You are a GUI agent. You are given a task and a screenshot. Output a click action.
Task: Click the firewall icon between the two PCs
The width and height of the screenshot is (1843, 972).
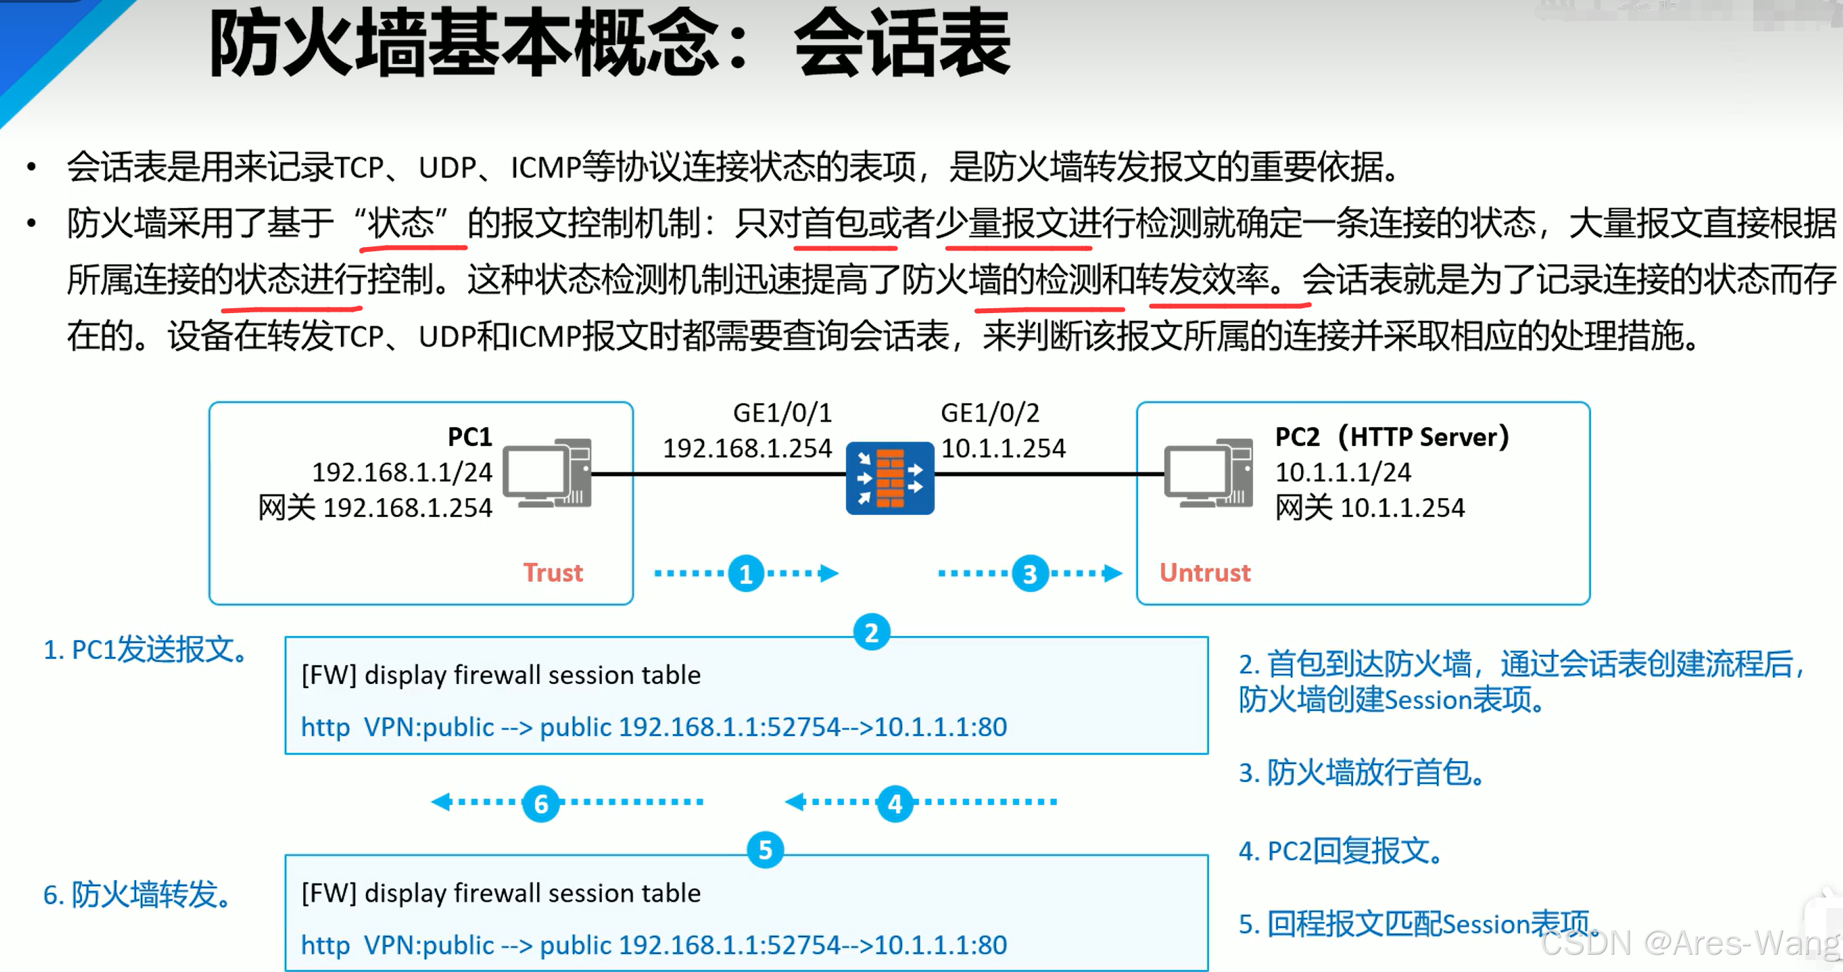click(889, 478)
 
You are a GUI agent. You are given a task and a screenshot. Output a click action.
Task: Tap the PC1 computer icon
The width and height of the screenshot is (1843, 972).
click(548, 472)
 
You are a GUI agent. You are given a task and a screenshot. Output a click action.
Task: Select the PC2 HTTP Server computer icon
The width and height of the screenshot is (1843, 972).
click(1208, 472)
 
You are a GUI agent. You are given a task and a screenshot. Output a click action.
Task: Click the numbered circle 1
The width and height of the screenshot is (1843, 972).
click(747, 573)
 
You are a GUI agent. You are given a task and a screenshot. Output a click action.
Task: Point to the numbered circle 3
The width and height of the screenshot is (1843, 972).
click(1030, 573)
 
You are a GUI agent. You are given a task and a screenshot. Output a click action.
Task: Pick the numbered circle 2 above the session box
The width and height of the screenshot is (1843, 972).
click(872, 633)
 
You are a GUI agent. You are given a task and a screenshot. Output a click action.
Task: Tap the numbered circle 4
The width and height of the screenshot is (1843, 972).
click(895, 803)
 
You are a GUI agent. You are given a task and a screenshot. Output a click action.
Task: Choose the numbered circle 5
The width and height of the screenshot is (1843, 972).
click(765, 850)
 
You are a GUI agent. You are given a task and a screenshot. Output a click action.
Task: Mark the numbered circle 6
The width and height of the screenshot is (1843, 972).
click(541, 803)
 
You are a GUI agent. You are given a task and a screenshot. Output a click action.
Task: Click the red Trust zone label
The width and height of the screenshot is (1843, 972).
click(553, 573)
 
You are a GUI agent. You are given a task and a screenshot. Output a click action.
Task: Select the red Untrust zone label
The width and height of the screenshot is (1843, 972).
click(1205, 573)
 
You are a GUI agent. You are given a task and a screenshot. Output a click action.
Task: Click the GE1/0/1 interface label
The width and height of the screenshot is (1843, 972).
click(782, 413)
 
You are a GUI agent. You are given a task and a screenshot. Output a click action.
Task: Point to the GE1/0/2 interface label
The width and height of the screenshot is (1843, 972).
click(989, 413)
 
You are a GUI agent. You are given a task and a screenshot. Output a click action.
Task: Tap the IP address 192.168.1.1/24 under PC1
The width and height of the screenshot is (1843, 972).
click(402, 472)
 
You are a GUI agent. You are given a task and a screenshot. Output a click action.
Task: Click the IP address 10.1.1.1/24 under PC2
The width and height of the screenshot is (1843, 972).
click(1343, 472)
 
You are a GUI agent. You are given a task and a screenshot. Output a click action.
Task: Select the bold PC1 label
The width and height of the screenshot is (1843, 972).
click(470, 437)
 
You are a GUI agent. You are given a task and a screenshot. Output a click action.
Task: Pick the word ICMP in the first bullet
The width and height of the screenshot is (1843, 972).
click(545, 168)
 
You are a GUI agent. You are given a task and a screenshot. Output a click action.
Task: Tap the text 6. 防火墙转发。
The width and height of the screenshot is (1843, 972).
click(138, 895)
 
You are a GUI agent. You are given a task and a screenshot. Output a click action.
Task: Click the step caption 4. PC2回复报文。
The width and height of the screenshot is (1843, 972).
click(1341, 851)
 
